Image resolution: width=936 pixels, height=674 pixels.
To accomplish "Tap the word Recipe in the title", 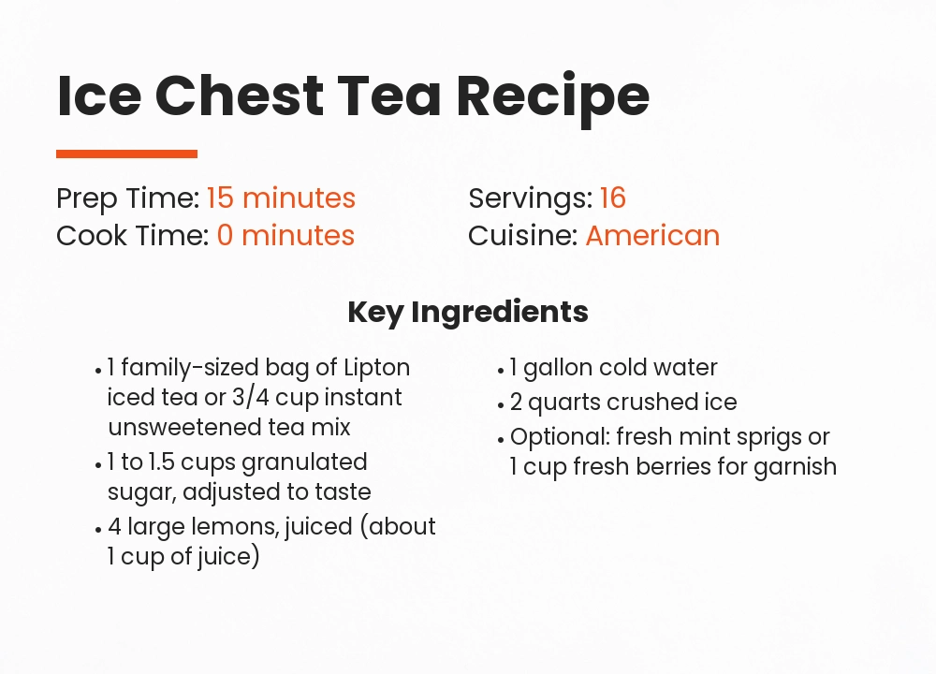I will tap(553, 95).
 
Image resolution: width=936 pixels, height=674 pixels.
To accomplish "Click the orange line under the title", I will tap(126, 154).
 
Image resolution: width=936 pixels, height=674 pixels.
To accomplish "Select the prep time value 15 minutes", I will tap(281, 198).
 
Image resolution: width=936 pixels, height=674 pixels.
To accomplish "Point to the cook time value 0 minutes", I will tap(285, 235).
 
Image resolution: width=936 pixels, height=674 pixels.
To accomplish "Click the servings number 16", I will tap(613, 198).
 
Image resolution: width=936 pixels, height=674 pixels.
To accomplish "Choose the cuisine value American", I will tap(652, 235).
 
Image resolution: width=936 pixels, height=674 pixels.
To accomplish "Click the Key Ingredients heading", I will tap(468, 312).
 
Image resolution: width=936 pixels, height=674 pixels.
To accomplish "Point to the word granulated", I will tap(304, 462).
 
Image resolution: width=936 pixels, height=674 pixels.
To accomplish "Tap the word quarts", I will tap(563, 403).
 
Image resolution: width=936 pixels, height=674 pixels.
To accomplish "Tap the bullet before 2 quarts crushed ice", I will tap(501, 404).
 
